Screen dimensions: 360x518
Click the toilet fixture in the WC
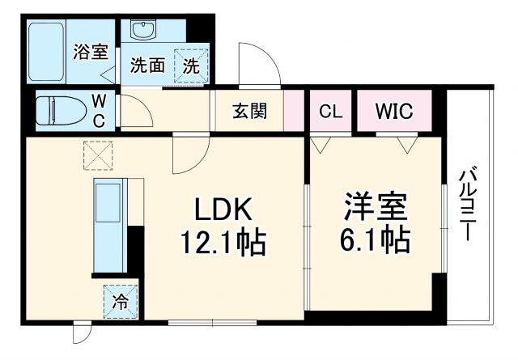[x=62, y=110]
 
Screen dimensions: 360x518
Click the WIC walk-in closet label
[x=394, y=112]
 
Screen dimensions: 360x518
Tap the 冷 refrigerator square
[x=120, y=303]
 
